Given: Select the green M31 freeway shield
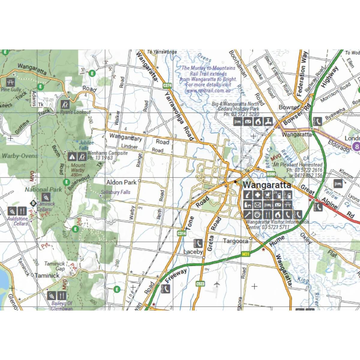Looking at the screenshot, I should pyautogui.click(x=245, y=254).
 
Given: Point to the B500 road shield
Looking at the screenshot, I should pyautogui.click(x=271, y=174).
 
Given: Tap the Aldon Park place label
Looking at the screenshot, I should pyautogui.click(x=121, y=182).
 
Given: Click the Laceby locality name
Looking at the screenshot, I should pyautogui.click(x=193, y=252).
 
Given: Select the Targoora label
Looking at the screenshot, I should pyautogui.click(x=235, y=241).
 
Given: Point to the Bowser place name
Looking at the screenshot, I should pyautogui.click(x=289, y=107).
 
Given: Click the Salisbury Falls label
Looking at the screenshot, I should pyautogui.click(x=115, y=192).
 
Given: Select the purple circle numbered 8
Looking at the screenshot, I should pyautogui.click(x=356, y=147).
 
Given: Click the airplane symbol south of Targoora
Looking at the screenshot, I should pyautogui.click(x=217, y=284).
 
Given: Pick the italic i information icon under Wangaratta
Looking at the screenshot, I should pyautogui.click(x=247, y=195).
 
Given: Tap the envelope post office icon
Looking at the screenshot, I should pyautogui.click(x=258, y=205).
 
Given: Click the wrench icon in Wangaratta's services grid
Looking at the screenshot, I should pyautogui.click(x=247, y=215).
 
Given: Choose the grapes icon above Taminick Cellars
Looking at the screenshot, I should pyautogui.click(x=46, y=197).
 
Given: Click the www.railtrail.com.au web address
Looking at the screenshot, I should pyautogui.click(x=208, y=90).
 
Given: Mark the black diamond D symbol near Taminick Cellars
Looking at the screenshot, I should pyautogui.click(x=33, y=203).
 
